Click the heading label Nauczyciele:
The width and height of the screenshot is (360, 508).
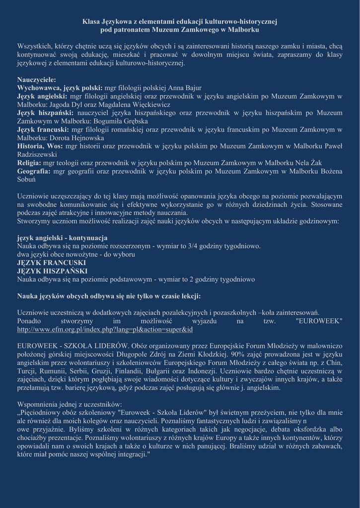tap(37, 79)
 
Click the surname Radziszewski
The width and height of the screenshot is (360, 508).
tap(37, 154)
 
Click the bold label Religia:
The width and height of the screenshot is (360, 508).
tap(29, 163)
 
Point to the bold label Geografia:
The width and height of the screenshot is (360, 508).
tap(34, 171)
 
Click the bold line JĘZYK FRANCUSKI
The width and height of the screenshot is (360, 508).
tap(52, 263)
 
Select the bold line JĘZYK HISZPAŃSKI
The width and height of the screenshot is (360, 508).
tap(53, 271)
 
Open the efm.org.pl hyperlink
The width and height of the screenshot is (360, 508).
tap(105, 329)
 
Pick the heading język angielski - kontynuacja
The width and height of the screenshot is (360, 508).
tap(62, 238)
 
